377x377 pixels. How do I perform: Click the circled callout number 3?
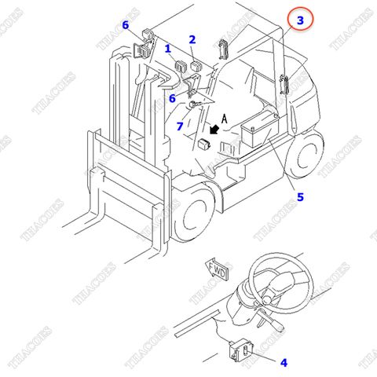[x=300, y=20]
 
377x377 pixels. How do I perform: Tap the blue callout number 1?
[x=168, y=49]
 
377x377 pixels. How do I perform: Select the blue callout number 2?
[x=192, y=39]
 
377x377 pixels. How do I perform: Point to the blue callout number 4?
[x=284, y=363]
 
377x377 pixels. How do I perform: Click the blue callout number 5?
[x=300, y=197]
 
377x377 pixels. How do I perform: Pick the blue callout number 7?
[x=180, y=126]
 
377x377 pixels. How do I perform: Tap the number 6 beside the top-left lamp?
[x=126, y=25]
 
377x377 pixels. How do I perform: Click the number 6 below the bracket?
[x=172, y=98]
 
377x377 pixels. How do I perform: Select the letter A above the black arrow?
[x=225, y=119]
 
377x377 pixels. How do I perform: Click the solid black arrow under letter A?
[x=215, y=130]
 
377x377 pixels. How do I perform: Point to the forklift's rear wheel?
[x=306, y=156]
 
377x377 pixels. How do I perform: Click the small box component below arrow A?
[x=205, y=145]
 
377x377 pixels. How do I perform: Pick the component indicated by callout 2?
[x=196, y=66]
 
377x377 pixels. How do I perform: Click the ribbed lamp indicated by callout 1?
[x=180, y=66]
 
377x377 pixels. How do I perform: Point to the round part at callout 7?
[x=195, y=104]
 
